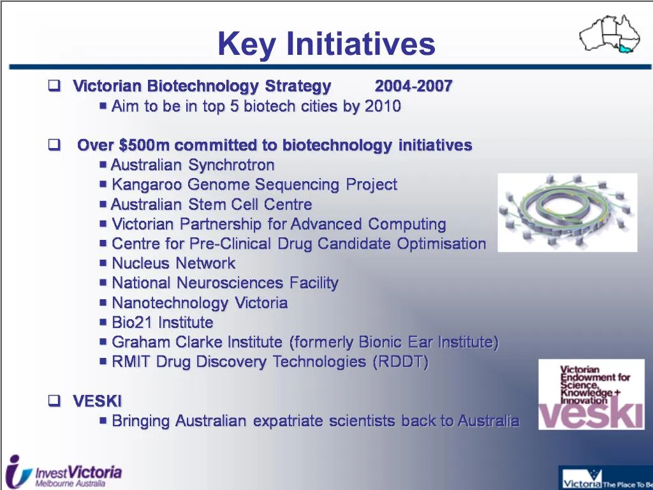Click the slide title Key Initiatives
click(x=326, y=44)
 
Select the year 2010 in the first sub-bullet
click(x=383, y=107)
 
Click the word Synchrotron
click(x=231, y=165)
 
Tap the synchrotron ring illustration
click(x=567, y=212)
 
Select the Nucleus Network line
click(x=173, y=264)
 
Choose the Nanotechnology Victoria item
click(x=200, y=303)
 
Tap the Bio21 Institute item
click(x=162, y=323)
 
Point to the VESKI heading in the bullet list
click(x=97, y=401)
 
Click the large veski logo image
click(x=591, y=395)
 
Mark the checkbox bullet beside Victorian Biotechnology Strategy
click(x=54, y=86)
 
